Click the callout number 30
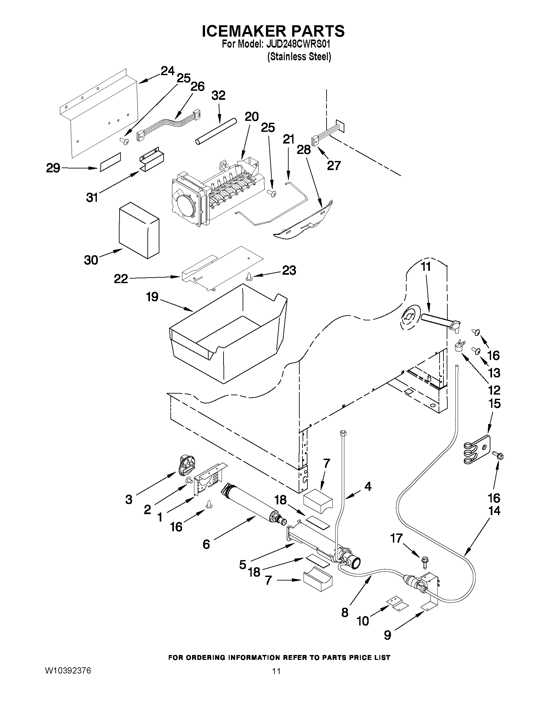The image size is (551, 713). point(91,260)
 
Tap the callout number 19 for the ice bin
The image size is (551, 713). point(152,297)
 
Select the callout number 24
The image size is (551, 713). point(167,71)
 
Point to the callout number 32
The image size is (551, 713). point(218,96)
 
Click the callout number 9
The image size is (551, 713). point(387,635)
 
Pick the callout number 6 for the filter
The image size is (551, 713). point(206,544)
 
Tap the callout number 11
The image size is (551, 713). point(426,267)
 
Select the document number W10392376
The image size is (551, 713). point(68,671)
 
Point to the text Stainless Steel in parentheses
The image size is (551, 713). point(299,57)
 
